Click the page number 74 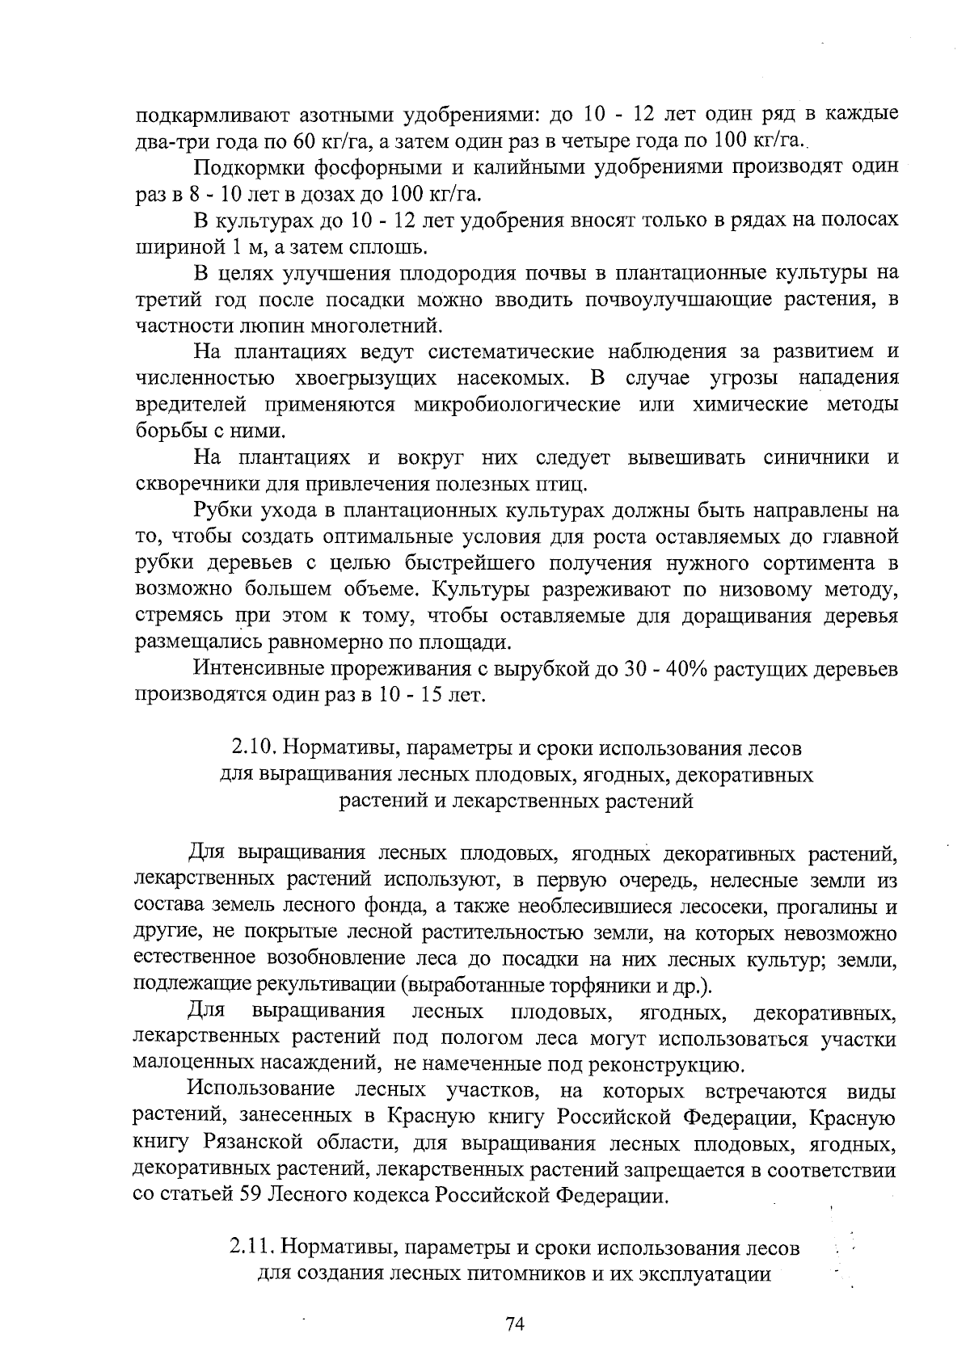point(515,1324)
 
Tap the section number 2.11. point(250,1248)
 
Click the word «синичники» point(817,458)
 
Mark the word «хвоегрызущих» point(368,379)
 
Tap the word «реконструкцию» point(660,1063)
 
